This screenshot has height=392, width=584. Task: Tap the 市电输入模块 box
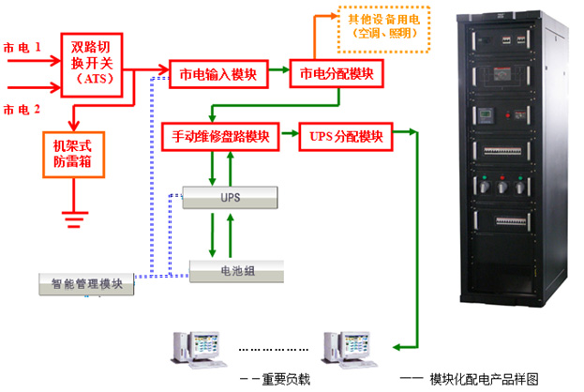pyautogui.click(x=218, y=73)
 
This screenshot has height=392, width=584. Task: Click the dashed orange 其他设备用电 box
pyautogui.click(x=384, y=27)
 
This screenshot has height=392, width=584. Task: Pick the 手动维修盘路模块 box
pyautogui.click(x=221, y=136)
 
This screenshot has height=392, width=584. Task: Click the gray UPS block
pyautogui.click(x=231, y=198)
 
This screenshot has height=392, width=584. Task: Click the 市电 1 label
pyautogui.click(x=22, y=46)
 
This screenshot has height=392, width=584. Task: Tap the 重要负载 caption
pyautogui.click(x=281, y=379)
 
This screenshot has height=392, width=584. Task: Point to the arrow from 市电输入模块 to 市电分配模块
pyautogui.click(x=279, y=73)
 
